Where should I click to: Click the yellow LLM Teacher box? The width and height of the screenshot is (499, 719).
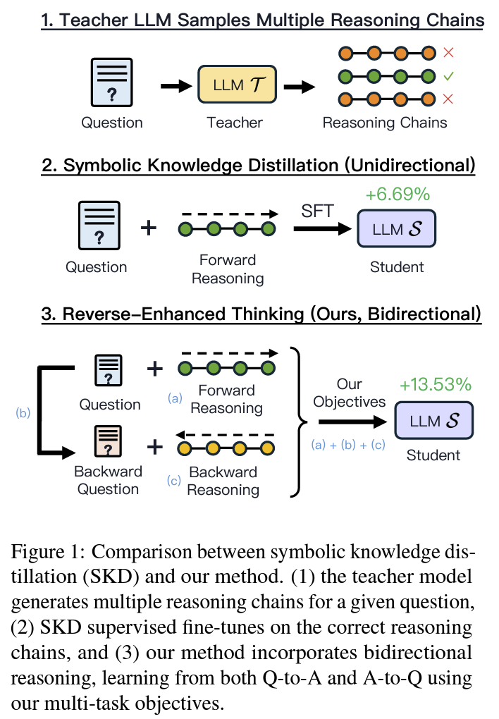(x=237, y=85)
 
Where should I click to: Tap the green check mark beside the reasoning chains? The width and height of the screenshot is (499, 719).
(x=448, y=75)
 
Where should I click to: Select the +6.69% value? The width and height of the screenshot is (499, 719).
(x=398, y=195)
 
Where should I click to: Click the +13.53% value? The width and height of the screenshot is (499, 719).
(x=436, y=384)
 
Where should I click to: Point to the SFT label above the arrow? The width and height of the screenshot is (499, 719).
(x=317, y=211)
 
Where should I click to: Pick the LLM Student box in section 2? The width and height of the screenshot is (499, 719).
(x=397, y=228)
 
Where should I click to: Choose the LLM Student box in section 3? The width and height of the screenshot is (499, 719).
(x=434, y=420)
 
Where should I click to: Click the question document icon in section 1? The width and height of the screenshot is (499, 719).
(x=112, y=82)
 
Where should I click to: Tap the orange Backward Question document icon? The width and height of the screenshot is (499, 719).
(x=109, y=441)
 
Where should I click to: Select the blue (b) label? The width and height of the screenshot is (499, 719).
(x=23, y=412)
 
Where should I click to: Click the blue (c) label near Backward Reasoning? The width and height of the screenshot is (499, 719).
(x=174, y=480)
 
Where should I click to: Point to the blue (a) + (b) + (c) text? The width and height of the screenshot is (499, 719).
(x=348, y=444)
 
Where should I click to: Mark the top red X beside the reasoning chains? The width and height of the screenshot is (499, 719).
(x=448, y=53)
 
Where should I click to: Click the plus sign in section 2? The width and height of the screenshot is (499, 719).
(x=149, y=228)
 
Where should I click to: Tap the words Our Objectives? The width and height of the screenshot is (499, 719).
(x=350, y=393)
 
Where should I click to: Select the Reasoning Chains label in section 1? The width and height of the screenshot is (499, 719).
(x=385, y=123)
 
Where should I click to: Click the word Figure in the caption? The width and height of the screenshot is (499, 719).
(x=37, y=552)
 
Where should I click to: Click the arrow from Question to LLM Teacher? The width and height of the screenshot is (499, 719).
(x=176, y=86)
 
